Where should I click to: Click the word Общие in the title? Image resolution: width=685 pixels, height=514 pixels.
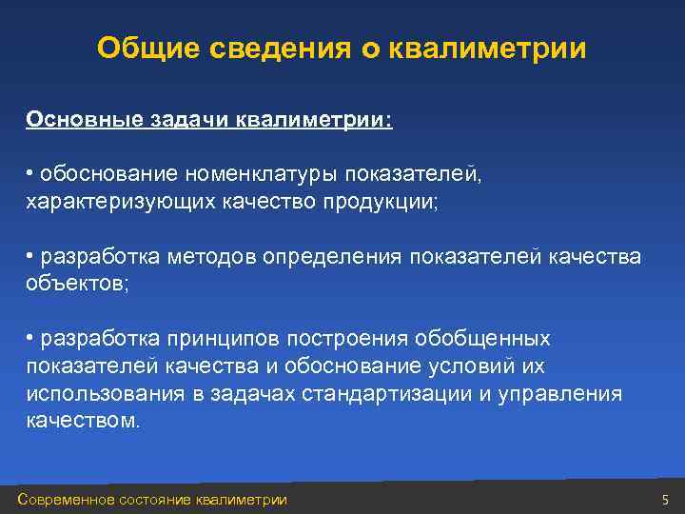point(140,49)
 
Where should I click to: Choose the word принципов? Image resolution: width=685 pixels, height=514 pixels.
point(223,339)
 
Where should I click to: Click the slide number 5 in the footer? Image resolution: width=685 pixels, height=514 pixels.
point(666,500)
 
